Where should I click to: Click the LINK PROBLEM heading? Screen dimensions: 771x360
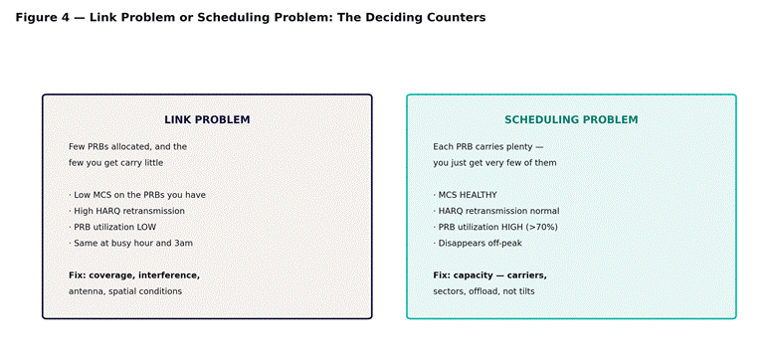click(207, 119)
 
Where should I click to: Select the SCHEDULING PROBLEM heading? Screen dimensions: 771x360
click(571, 119)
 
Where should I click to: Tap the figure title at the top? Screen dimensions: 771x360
click(251, 17)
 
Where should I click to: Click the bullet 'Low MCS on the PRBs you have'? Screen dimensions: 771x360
click(137, 195)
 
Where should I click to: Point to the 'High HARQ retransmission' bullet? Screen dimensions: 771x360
click(127, 211)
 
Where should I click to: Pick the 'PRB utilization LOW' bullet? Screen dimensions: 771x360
click(112, 227)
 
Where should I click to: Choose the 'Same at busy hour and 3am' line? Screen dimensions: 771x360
click(130, 243)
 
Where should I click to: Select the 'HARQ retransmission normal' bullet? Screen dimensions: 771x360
click(496, 211)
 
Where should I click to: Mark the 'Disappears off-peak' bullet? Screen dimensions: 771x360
click(478, 243)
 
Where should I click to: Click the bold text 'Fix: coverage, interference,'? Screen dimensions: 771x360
click(134, 275)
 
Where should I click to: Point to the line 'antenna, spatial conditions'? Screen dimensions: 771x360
click(125, 291)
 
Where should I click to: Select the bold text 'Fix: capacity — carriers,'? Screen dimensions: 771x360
click(489, 275)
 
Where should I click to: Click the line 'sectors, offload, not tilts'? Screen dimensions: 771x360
click(483, 291)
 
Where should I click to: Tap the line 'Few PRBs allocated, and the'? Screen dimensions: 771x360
click(128, 146)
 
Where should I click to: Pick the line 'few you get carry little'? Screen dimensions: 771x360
click(116, 163)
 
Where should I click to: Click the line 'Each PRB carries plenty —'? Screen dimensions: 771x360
click(488, 146)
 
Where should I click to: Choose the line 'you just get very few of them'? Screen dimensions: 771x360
click(494, 163)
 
